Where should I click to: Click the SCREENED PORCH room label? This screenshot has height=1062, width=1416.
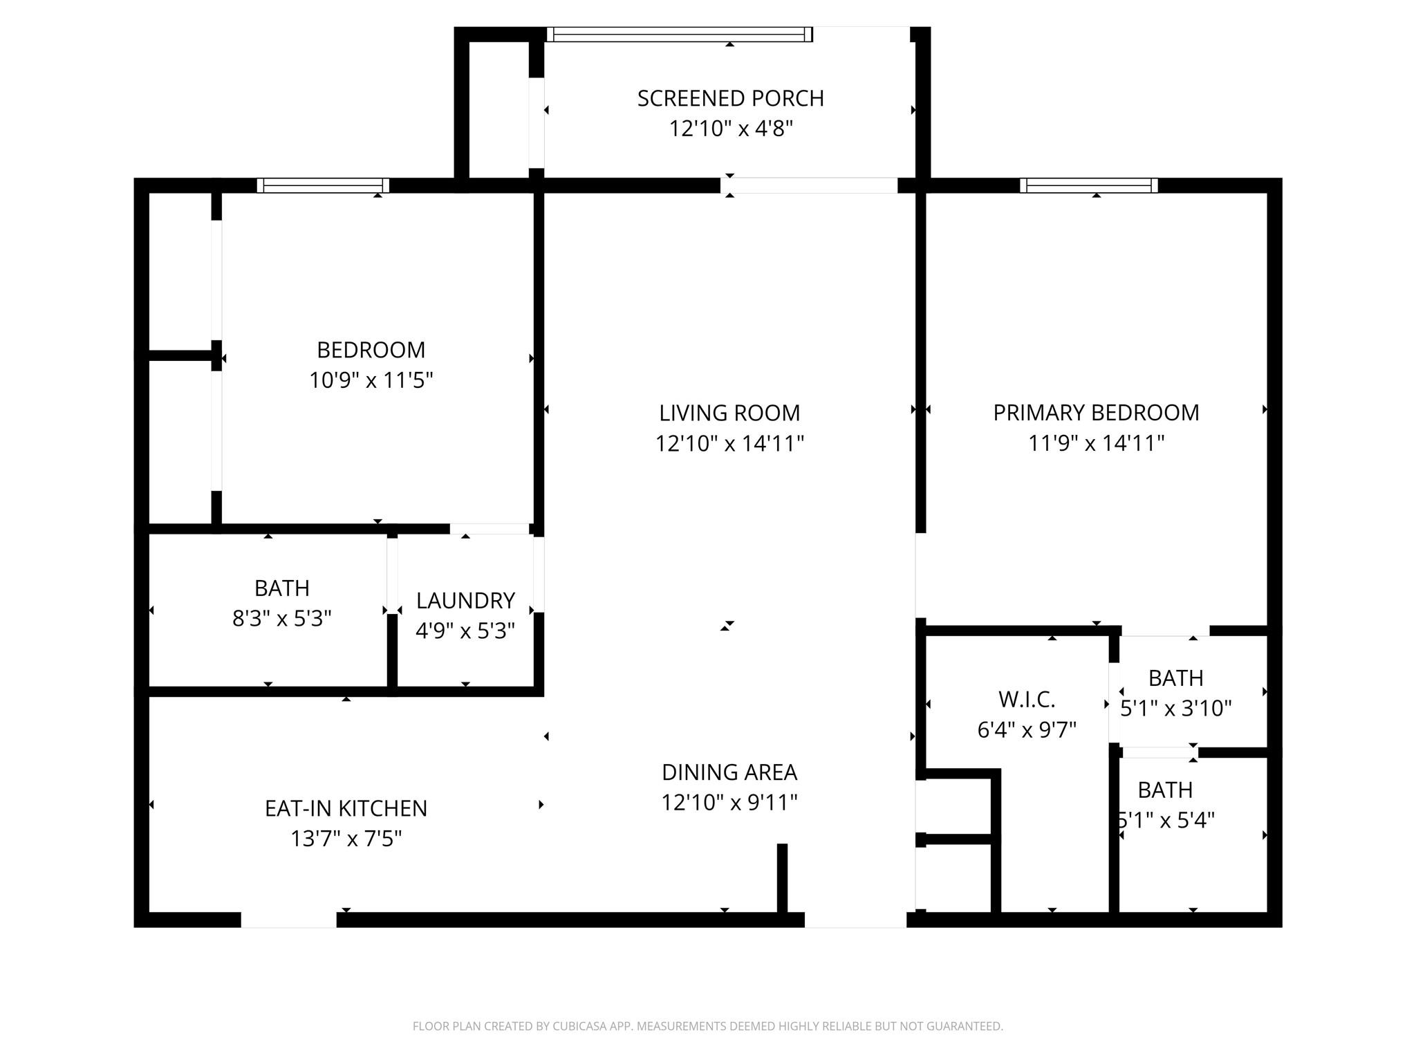730,99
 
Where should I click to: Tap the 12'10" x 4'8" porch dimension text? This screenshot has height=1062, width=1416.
730,129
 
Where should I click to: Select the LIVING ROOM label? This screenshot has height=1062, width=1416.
729,413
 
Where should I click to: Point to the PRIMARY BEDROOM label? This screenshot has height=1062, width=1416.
1096,413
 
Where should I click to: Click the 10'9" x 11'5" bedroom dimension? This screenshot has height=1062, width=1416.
371,380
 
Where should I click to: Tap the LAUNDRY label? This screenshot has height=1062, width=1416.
465,601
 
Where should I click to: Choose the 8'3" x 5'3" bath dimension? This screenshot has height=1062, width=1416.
281,618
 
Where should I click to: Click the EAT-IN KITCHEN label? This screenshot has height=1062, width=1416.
346,808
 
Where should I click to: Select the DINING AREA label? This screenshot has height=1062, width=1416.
729,772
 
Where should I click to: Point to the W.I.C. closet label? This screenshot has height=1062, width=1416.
1027,700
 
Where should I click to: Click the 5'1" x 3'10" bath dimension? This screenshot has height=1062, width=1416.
1175,709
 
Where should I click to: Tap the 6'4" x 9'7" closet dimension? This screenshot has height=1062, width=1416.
1027,730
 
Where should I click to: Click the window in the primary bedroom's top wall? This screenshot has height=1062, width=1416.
1088,185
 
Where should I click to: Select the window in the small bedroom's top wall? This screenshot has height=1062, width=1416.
323,185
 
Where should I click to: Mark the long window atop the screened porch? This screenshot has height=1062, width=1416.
679,35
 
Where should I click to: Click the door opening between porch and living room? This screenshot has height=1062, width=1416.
809,185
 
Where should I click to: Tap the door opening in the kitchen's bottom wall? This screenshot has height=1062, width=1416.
288,920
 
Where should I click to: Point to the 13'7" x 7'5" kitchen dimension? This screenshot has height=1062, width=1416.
346,839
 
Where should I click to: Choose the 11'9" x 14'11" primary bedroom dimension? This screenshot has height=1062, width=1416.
1096,443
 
